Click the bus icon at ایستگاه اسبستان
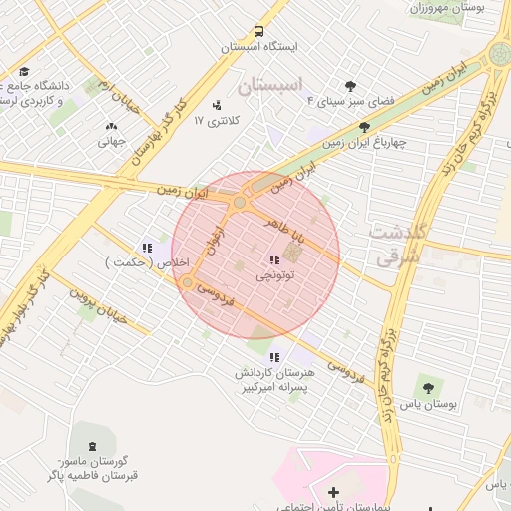pos(259,32)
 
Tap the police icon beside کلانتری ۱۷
pos(217,105)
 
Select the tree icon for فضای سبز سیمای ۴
pos(350,86)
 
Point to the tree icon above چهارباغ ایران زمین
pos(363,127)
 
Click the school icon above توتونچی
pos(274,259)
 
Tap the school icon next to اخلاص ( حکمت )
pos(147,248)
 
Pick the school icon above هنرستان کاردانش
pos(274,356)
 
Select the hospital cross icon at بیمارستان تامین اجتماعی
pos(333,491)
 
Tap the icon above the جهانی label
pos(110,126)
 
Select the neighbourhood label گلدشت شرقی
pos(399,245)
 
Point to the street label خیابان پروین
pos(99,303)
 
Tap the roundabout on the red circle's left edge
pos(187,283)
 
